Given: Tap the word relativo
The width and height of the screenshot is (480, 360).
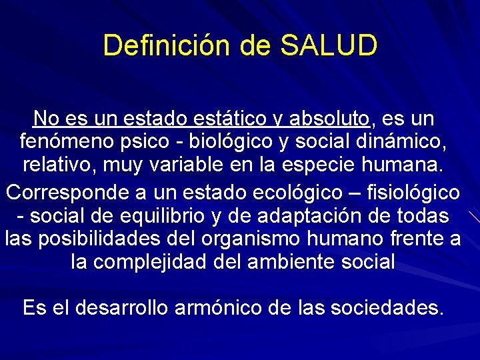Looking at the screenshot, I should tap(56, 164).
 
